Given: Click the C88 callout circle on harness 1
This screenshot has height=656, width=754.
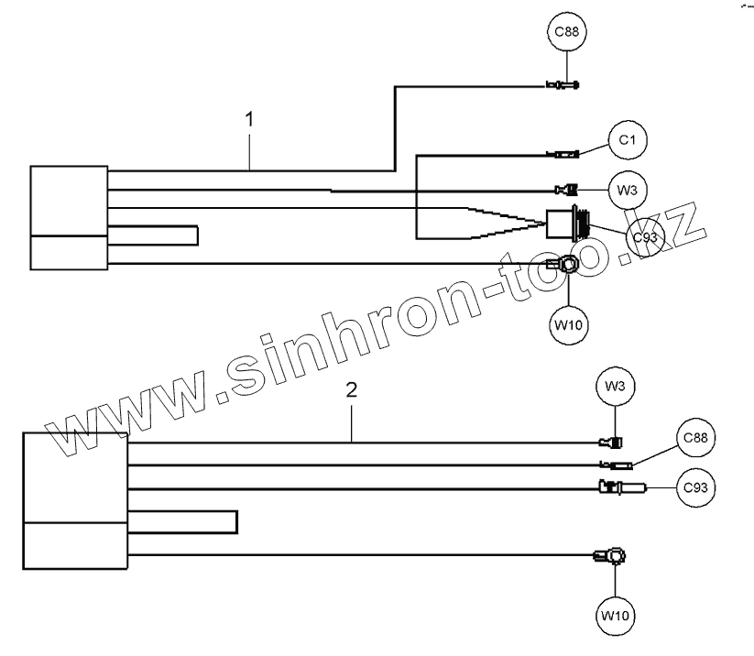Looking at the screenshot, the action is click(x=567, y=34).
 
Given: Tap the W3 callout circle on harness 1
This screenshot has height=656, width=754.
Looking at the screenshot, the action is click(x=628, y=191).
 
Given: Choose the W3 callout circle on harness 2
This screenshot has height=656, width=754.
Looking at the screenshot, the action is click(x=615, y=388).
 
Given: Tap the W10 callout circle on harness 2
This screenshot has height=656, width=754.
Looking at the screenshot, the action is click(x=615, y=615).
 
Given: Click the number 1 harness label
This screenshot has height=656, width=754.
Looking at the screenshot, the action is click(x=249, y=120).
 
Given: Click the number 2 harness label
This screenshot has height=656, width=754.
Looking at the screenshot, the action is click(x=352, y=388).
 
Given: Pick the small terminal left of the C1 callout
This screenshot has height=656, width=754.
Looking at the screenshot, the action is click(x=563, y=154).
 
